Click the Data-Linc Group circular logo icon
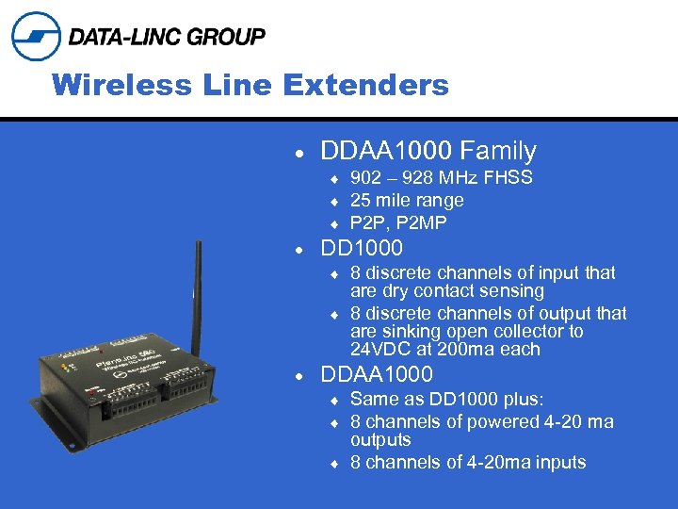point(36,37)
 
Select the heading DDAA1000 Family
point(428,151)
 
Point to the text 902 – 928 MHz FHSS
point(441,178)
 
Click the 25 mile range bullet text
point(407,201)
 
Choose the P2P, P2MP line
point(398,223)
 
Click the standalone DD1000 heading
point(362,249)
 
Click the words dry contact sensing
point(460,291)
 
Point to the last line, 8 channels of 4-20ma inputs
point(468,463)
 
